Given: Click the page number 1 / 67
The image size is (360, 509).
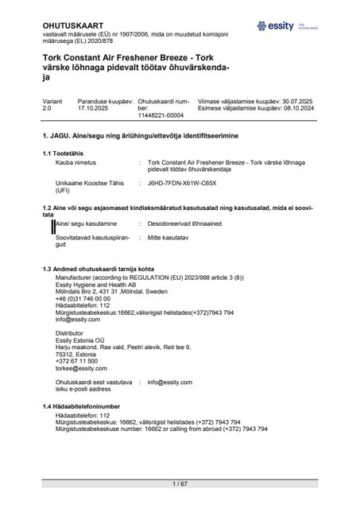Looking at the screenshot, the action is coord(180,484).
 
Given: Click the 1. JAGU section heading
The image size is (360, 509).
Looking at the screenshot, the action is coord(146,137).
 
